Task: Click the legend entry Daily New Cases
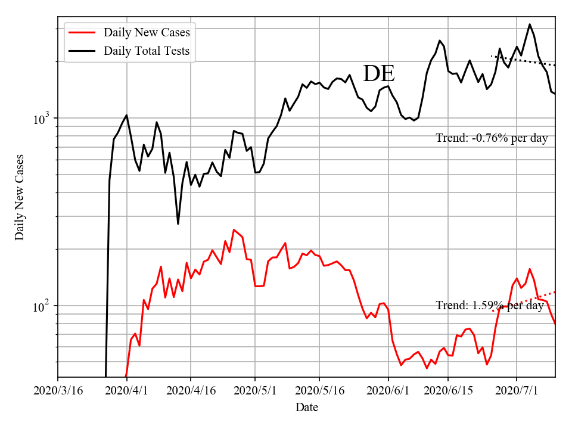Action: (146, 32)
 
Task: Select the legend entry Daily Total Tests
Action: (147, 51)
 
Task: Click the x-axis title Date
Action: (307, 408)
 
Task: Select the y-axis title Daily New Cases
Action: (20, 197)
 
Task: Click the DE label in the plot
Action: (379, 73)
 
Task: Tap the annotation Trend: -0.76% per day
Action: (492, 138)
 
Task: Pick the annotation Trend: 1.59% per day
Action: (490, 306)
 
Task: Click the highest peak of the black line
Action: (530, 24)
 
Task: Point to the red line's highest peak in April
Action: (234, 229)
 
